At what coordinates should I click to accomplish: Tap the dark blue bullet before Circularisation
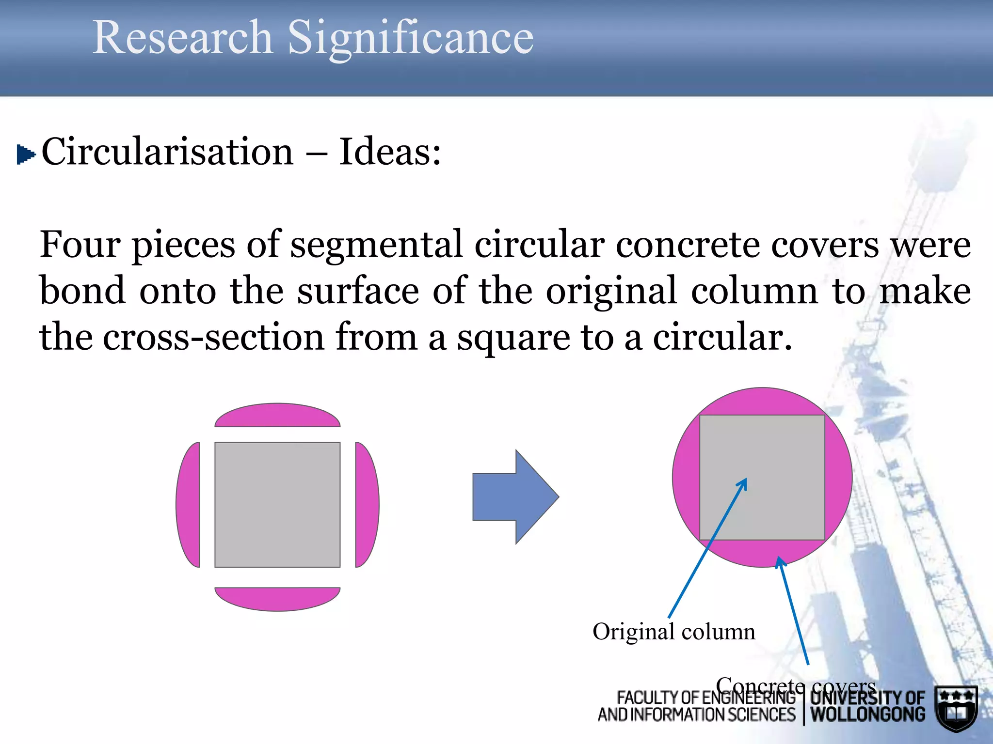(25, 155)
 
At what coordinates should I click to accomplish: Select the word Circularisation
(167, 152)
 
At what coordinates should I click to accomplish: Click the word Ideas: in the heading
(390, 152)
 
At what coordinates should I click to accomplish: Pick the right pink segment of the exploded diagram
(367, 505)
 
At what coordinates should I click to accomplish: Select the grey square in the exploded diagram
(277, 505)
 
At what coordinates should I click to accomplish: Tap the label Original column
(673, 632)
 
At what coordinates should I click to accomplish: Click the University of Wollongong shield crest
(956, 708)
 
